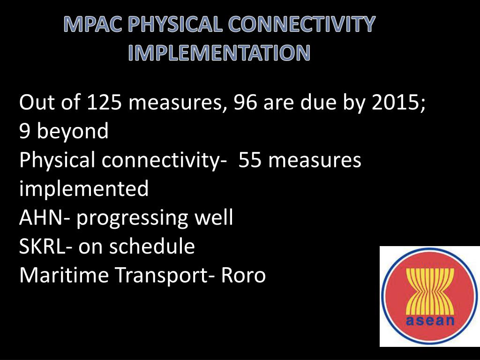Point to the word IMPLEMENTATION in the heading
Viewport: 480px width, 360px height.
[x=219, y=53]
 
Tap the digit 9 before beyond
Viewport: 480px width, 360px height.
[x=25, y=132]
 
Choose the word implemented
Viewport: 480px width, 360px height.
[x=84, y=189]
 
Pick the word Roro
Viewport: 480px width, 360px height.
[x=243, y=275]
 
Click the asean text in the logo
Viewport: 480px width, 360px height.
[x=430, y=321]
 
